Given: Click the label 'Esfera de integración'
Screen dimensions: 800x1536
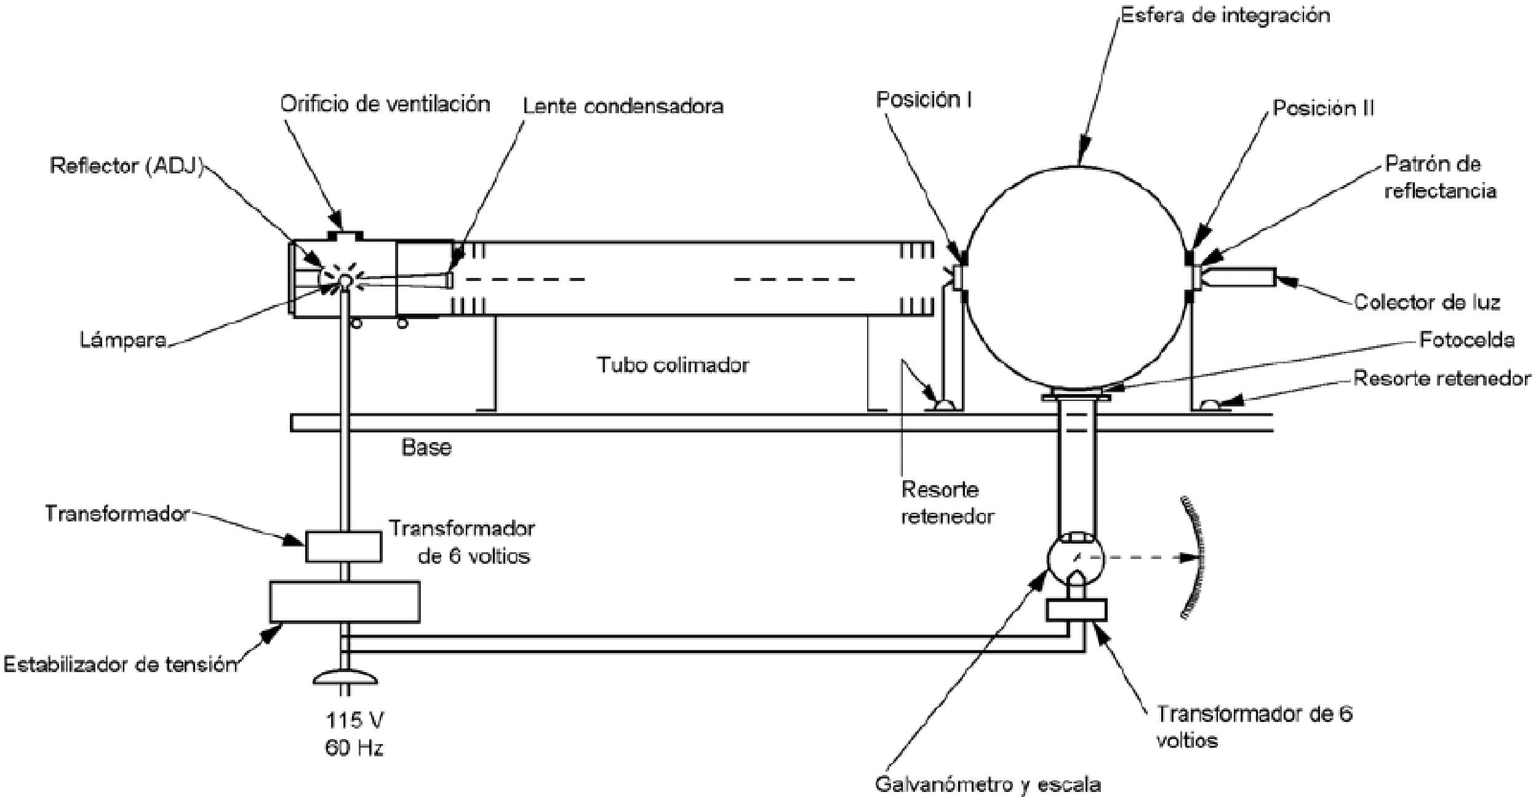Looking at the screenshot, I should [x=1225, y=15].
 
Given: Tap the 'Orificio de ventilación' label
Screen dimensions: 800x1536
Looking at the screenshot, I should [x=385, y=104].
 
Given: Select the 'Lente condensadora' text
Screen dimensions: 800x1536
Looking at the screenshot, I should [x=623, y=106].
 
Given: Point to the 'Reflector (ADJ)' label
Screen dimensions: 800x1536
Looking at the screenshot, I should [x=126, y=166].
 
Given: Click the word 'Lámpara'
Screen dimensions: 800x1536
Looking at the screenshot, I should [x=123, y=340].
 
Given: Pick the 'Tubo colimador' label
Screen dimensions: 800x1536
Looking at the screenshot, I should [x=673, y=365].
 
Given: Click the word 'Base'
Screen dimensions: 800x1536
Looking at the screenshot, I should [x=426, y=447].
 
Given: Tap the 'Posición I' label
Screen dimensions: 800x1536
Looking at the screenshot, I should [x=924, y=100].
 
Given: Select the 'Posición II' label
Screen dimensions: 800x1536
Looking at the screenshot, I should [x=1323, y=108].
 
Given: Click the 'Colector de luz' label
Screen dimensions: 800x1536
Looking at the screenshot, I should [x=1427, y=302].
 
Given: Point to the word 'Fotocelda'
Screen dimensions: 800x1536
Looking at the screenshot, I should [x=1466, y=340].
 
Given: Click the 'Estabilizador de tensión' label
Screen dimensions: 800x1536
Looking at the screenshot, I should [x=121, y=665].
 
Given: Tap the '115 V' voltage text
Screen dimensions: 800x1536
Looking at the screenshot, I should [x=354, y=720].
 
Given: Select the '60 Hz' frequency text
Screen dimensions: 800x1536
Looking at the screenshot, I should [x=354, y=748].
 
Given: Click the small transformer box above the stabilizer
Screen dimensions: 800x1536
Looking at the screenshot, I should [x=343, y=547].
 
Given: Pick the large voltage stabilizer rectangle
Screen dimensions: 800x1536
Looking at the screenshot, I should [x=345, y=602].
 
